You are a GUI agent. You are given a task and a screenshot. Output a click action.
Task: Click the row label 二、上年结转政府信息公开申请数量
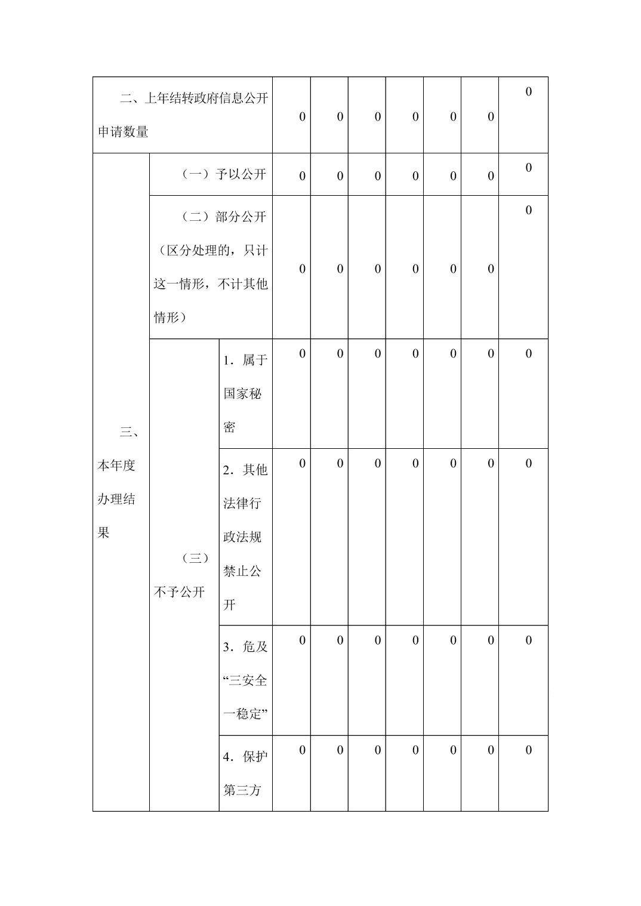pos(183,115)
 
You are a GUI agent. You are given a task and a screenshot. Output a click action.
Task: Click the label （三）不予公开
pos(181,575)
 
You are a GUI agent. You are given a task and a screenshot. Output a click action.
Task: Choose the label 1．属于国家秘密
pos(245,394)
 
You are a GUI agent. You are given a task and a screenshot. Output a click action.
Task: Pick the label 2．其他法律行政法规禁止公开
pos(245,537)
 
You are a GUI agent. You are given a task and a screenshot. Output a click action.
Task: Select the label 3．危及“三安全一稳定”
pos(245,680)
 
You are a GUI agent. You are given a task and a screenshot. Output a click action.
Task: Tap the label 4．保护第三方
pos(245,774)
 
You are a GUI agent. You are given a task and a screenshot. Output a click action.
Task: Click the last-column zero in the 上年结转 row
pos(528,92)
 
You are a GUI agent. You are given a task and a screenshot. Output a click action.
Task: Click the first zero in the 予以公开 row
pos(302,176)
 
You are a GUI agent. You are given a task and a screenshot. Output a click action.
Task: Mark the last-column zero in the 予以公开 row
pos(528,168)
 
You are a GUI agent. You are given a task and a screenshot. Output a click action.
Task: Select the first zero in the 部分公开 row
pos(302,269)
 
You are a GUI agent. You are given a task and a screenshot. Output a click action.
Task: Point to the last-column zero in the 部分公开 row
pos(528,210)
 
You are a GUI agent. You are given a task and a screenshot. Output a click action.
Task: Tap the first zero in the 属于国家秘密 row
pos(302,354)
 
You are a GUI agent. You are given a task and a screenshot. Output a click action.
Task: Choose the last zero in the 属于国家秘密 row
pos(528,354)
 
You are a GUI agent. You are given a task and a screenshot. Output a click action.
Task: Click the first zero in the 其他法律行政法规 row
pos(302,464)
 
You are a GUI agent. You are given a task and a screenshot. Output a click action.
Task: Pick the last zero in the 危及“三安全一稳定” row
pos(528,641)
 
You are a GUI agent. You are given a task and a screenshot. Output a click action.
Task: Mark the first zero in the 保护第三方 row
pos(302,751)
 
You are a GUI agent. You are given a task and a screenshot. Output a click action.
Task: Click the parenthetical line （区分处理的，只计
pos(211,251)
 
